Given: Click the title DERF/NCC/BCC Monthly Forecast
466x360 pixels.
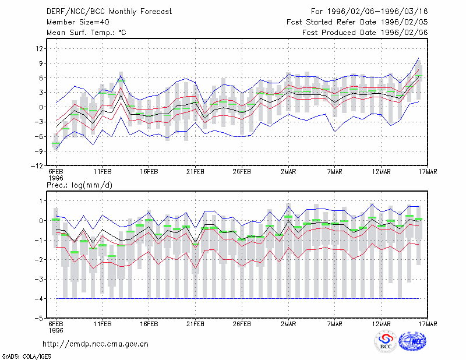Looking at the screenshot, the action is point(109,12).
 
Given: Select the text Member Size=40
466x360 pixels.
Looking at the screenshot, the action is point(78,22).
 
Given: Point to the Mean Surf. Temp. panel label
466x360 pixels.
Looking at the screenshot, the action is point(86,33).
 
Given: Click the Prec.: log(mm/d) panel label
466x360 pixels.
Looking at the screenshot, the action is point(79,185).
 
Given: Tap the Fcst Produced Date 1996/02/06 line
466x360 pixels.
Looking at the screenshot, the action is point(365,33).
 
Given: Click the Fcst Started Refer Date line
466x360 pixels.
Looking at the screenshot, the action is point(357,22).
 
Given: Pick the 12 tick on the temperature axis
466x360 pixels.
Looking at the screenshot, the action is point(39,48).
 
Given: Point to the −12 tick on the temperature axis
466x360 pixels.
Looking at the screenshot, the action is point(37,166).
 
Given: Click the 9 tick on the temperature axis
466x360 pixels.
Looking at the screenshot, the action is point(41,63).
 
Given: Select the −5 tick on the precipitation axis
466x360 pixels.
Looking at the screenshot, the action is point(39,319).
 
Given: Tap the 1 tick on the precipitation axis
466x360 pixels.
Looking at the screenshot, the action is point(41,201).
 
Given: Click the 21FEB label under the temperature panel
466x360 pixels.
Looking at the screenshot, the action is point(195,172).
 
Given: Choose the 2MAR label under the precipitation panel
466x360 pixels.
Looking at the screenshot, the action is point(288,324).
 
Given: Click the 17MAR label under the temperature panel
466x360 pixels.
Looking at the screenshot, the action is point(428,172).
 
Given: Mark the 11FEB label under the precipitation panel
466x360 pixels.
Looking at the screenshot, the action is point(103,324).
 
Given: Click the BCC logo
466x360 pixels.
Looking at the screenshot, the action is point(386,341).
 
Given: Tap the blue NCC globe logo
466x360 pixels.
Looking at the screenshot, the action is point(412,341).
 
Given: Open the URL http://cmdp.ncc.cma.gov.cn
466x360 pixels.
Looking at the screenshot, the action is point(96,344).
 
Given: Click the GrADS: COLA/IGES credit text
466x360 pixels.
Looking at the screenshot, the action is point(26,357).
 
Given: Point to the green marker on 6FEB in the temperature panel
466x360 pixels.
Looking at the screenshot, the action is point(56,143).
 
